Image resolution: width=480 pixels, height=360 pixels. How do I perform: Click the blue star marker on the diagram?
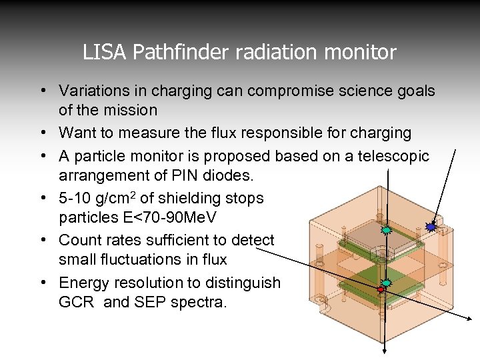pyautogui.click(x=431, y=227)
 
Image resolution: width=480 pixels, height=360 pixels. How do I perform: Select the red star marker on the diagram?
pyautogui.click(x=381, y=290)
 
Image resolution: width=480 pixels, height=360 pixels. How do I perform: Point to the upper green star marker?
pyautogui.click(x=385, y=229)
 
